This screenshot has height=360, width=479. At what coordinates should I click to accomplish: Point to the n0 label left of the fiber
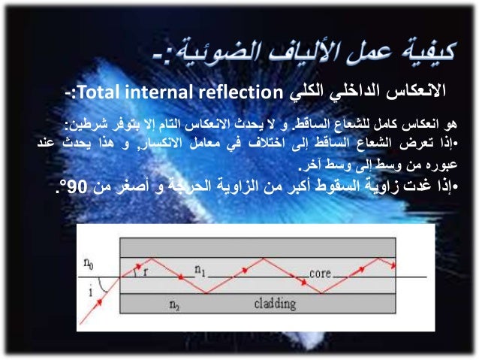tap(90, 265)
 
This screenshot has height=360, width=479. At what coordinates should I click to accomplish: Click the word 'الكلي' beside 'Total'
tap(304, 92)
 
